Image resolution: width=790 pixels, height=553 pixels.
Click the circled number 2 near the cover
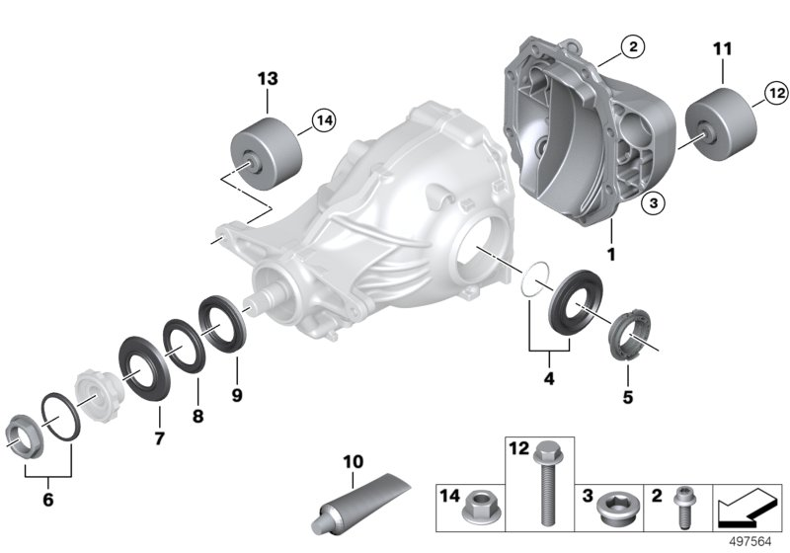click(633, 46)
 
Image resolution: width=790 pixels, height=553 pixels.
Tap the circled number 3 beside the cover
click(654, 203)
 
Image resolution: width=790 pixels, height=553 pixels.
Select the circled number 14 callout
click(324, 120)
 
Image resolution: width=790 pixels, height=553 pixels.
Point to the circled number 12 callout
click(776, 93)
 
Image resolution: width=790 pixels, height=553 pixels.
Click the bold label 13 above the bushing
click(268, 79)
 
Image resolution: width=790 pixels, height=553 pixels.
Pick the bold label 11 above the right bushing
click(723, 48)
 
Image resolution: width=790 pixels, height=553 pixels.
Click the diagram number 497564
click(750, 541)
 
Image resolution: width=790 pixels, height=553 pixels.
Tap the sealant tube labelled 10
click(361, 504)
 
